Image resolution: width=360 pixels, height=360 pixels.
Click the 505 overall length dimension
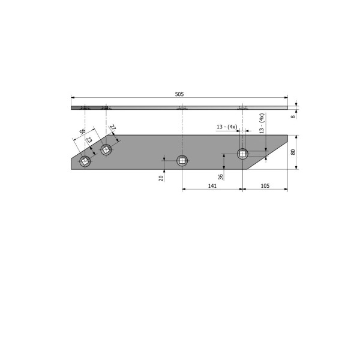(179, 94)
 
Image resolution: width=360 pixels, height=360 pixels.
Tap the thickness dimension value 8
(293, 116)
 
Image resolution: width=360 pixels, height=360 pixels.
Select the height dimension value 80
(293, 152)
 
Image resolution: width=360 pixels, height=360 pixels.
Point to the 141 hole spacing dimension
(212, 186)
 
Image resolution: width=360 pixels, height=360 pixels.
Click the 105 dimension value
(265, 186)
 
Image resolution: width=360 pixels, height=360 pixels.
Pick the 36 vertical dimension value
(220, 177)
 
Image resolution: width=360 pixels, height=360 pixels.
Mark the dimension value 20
(161, 178)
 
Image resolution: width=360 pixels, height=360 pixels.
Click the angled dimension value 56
(82, 131)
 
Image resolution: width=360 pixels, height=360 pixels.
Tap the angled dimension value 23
(89, 140)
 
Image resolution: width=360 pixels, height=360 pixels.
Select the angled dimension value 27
(113, 128)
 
